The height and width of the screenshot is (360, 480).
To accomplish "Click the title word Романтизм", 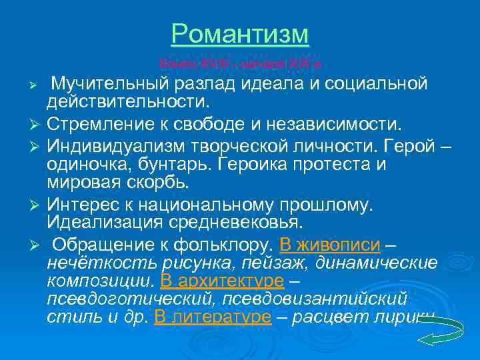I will pos(240,33).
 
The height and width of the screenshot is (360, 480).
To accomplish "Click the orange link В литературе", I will pos(213,318).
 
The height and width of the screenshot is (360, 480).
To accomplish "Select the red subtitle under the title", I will pos(239,65).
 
